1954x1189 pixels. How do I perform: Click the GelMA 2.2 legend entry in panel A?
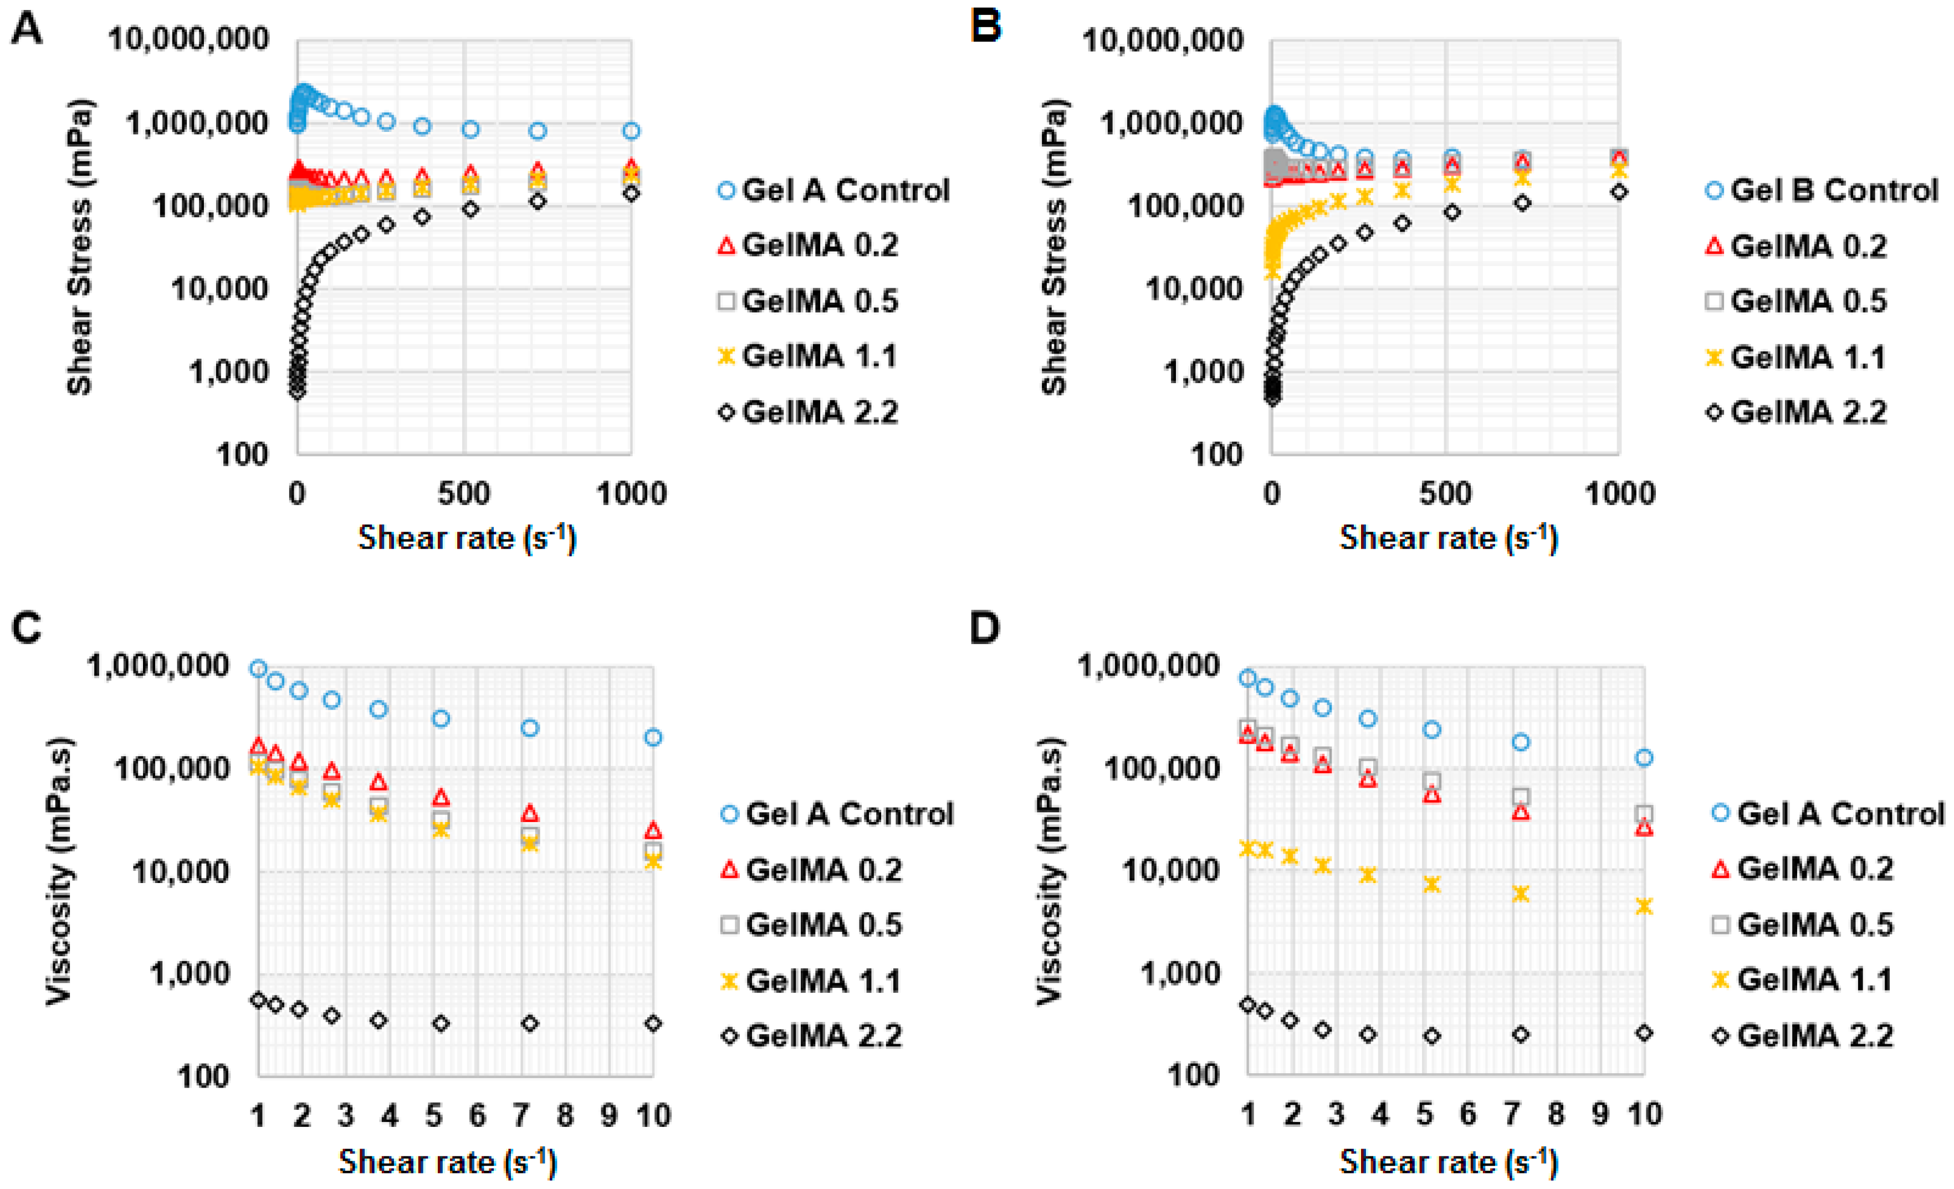point(820,412)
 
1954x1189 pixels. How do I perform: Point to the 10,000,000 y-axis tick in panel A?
point(189,39)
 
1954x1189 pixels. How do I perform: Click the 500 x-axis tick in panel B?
point(1445,493)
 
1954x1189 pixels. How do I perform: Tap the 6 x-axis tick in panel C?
point(477,1115)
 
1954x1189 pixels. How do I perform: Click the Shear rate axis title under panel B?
point(1448,539)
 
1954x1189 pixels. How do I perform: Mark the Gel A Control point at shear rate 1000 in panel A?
point(631,131)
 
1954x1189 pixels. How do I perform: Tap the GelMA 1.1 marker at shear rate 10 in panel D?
point(1644,906)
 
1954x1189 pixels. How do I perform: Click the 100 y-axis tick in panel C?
point(203,1076)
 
